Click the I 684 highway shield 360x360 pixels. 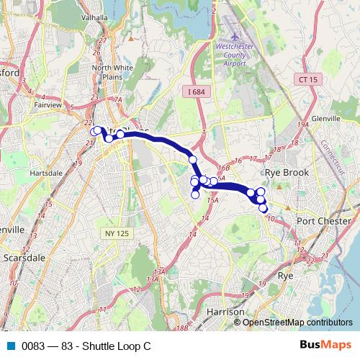196,91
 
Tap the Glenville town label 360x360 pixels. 330,119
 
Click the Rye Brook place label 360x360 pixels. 286,173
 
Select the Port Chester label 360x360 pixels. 323,221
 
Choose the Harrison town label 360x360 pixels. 225,312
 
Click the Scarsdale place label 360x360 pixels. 24,256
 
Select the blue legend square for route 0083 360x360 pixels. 11,345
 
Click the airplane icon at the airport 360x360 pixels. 234,36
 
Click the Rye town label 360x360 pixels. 285,276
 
